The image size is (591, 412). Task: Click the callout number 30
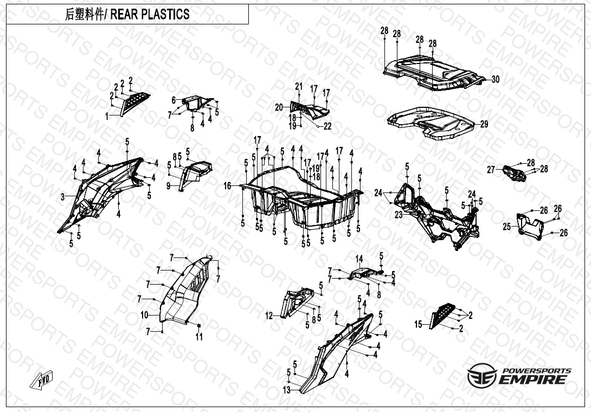[495, 79]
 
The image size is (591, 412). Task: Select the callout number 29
[484, 124]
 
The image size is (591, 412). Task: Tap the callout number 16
[227, 186]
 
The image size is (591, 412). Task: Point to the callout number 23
[399, 215]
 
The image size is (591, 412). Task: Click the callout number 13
[287, 390]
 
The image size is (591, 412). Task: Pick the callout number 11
[199, 337]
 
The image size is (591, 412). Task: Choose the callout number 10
[145, 315]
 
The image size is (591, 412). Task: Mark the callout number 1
[107, 117]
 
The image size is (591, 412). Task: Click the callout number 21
[299, 86]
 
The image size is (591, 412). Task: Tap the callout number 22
[327, 126]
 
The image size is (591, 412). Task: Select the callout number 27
[491, 170]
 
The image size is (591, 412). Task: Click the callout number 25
[507, 227]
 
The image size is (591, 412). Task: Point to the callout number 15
[419, 324]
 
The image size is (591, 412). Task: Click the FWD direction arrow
[41, 380]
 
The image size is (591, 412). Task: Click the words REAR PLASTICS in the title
[150, 14]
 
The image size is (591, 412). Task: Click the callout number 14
[359, 259]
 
